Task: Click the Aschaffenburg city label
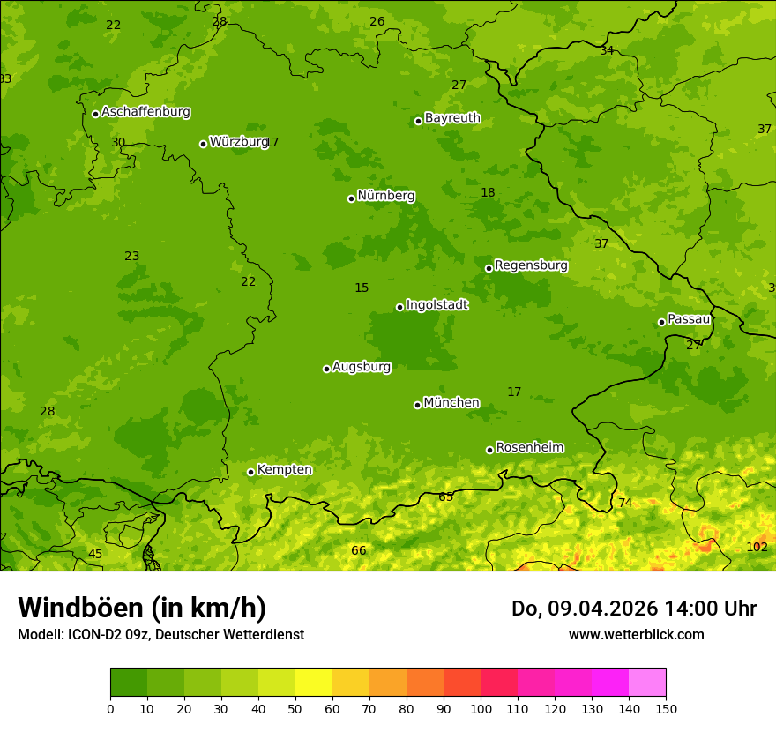coord(145,112)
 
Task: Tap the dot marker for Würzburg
coord(203,144)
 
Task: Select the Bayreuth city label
coord(452,118)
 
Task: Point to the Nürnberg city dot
coord(351,198)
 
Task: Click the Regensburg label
coord(531,265)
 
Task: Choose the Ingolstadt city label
coord(436,305)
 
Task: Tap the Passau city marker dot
coord(661,322)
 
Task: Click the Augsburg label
coord(361,367)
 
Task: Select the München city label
coord(451,403)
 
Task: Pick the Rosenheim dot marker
coord(489,450)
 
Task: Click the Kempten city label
coord(284,470)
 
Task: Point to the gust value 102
coord(757,547)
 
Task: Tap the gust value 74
coord(625,503)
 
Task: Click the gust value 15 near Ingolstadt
coord(362,288)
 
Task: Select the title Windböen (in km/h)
coord(142,608)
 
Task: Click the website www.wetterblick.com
coord(636,634)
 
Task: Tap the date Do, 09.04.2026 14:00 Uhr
coord(633,609)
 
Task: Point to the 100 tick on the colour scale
coord(481,709)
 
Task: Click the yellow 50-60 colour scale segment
coord(314,683)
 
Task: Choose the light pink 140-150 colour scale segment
coord(647,683)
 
